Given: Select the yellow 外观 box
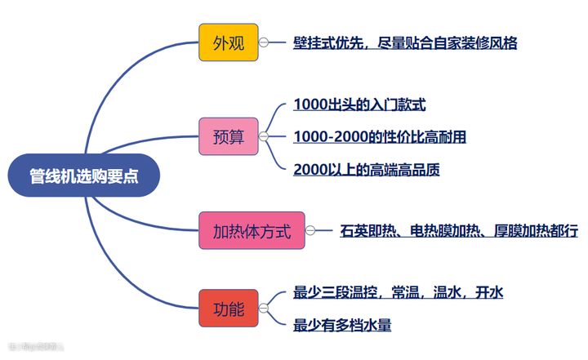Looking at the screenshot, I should coord(229,42).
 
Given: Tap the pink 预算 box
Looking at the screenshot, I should coord(229,136).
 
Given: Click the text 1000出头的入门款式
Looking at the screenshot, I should coord(359,104).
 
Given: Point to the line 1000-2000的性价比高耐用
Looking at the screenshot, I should coord(379,136).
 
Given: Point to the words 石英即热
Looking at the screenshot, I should coord(367,231).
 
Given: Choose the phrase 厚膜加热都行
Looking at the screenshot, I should coord(536,231).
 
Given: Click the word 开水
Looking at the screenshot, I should coord(489,292).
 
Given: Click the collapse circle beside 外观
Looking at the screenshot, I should coord(264,43).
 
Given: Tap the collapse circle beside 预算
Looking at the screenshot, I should coord(264,136).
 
